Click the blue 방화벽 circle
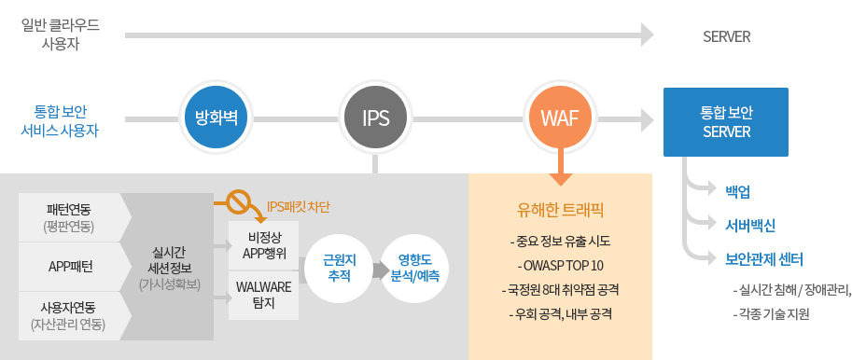[216, 118]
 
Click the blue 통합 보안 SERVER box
[726, 121]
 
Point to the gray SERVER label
[727, 37]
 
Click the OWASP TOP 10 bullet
[561, 264]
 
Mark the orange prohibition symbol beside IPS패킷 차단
[241, 201]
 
